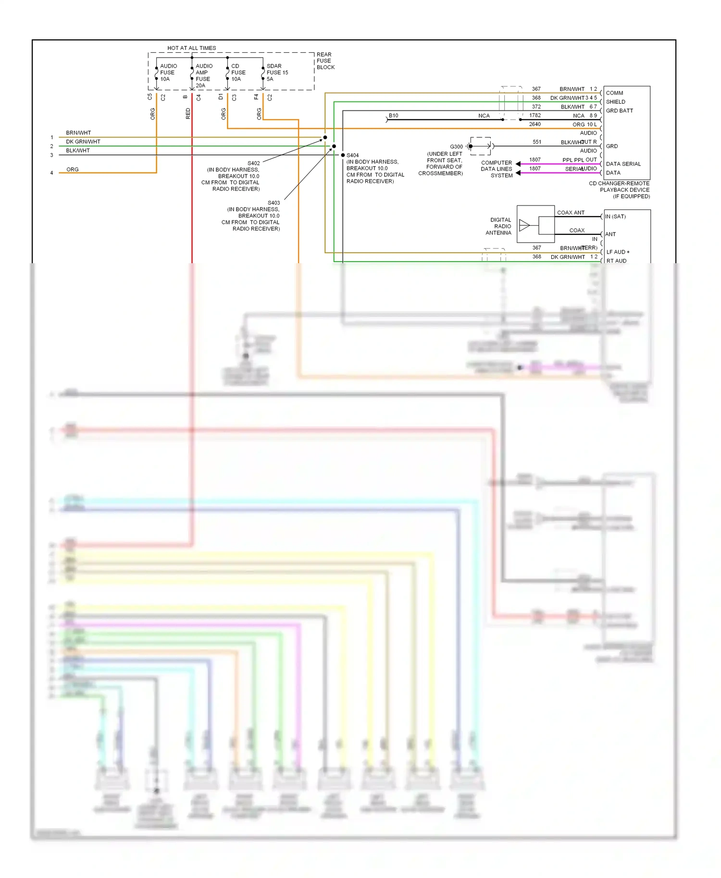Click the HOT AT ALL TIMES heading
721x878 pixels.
[x=191, y=48]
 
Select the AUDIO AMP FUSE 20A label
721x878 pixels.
[x=204, y=75]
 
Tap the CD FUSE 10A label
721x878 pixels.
[x=238, y=73]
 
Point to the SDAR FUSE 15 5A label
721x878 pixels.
[x=277, y=73]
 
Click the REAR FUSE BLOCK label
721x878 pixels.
[x=325, y=61]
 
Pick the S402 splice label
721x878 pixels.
[x=253, y=163]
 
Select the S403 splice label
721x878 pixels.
[x=273, y=203]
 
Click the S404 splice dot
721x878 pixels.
[x=343, y=155]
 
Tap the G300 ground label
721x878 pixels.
[x=456, y=146]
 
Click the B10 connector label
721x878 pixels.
[x=393, y=115]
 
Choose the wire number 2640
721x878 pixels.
[x=535, y=124]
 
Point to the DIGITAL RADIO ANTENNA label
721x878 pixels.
[x=499, y=226]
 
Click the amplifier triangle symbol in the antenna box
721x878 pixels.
[x=524, y=225]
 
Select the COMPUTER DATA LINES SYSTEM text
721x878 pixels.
[x=497, y=169]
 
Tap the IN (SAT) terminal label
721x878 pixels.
[x=615, y=217]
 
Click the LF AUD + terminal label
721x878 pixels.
[x=618, y=252]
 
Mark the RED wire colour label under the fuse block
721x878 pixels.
[x=188, y=113]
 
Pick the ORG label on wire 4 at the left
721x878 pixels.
[x=73, y=170]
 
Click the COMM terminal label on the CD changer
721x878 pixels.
[x=614, y=93]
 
